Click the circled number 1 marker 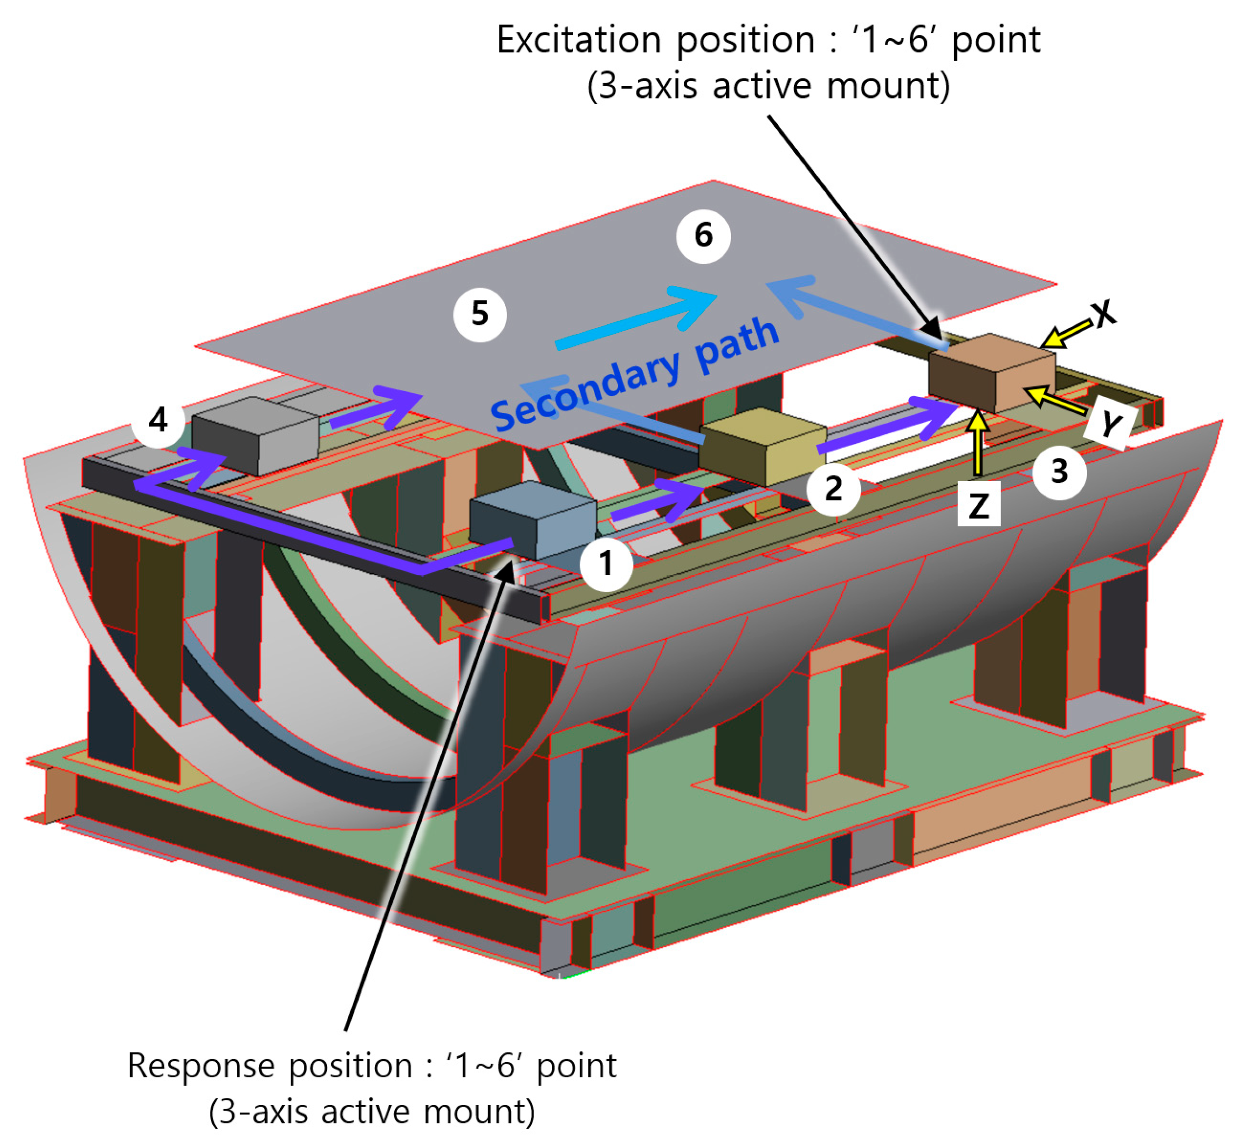pyautogui.click(x=606, y=563)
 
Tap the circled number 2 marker pyautogui.click(x=833, y=489)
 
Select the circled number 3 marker pyautogui.click(x=1059, y=472)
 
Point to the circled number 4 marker pyautogui.click(x=158, y=420)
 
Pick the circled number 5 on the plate pyautogui.click(x=480, y=314)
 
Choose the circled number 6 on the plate pyautogui.click(x=703, y=236)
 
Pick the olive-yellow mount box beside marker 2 pyautogui.click(x=763, y=446)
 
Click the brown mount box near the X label pyautogui.click(x=992, y=372)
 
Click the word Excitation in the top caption pyautogui.click(x=579, y=41)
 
